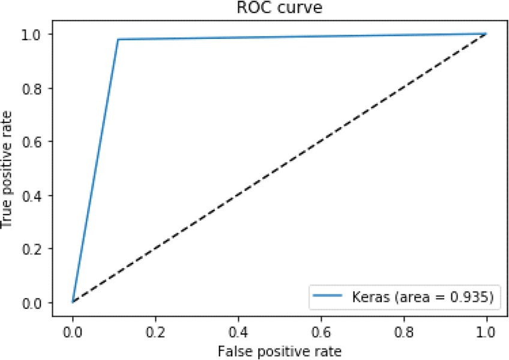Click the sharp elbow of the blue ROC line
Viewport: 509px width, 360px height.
[x=118, y=40]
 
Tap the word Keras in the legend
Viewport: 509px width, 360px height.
[x=366, y=296]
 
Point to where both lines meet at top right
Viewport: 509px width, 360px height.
[x=486, y=34]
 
